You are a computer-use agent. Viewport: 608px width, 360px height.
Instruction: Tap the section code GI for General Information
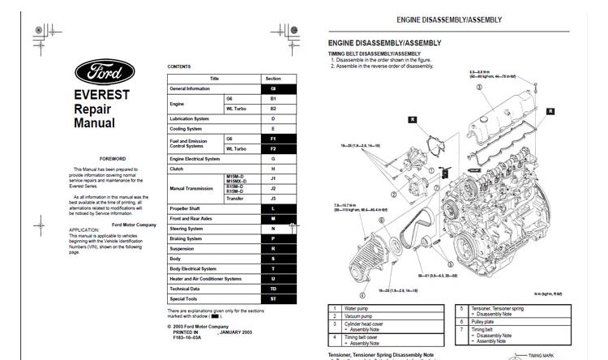[272, 88]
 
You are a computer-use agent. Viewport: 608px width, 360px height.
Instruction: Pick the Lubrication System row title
[191, 118]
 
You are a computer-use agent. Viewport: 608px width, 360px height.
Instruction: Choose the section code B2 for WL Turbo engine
[272, 108]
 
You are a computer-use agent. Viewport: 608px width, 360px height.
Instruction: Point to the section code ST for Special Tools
[272, 298]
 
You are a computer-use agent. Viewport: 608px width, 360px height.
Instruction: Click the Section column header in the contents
[272, 79]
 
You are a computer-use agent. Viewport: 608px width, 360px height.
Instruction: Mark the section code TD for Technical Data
[272, 289]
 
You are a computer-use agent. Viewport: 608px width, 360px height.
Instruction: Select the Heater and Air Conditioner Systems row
[205, 278]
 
